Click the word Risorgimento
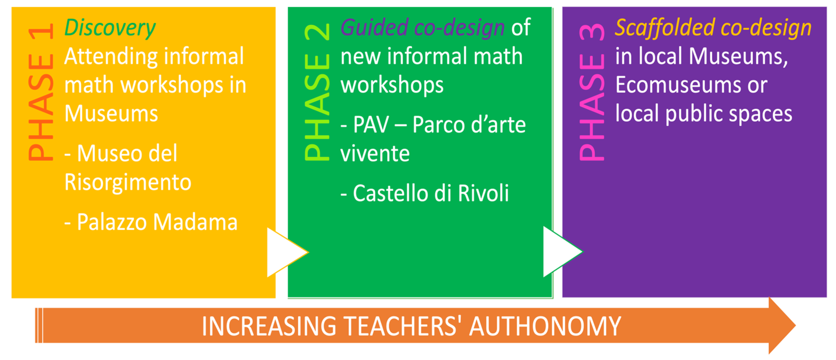click(x=128, y=182)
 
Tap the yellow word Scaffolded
click(x=665, y=28)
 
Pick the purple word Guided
click(x=374, y=28)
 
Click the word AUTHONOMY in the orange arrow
click(x=545, y=326)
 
